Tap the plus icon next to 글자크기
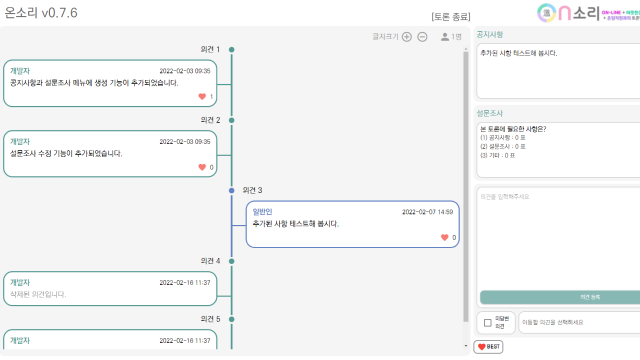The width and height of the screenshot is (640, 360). (406, 37)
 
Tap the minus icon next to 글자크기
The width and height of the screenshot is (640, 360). (422, 37)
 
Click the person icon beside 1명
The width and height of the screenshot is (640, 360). (444, 37)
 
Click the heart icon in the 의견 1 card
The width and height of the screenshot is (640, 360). (202, 96)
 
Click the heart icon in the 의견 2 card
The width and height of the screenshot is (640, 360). (202, 167)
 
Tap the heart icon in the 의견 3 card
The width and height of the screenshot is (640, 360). (445, 237)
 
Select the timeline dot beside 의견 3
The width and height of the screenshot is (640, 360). (231, 190)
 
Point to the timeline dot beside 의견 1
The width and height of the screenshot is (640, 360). (231, 49)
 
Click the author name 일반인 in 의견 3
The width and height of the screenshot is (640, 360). (263, 212)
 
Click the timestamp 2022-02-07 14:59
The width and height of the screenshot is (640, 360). (428, 212)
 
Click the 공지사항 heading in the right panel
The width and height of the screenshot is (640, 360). (490, 34)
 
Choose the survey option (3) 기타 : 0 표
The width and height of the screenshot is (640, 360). (498, 155)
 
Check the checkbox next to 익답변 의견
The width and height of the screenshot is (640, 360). (486, 322)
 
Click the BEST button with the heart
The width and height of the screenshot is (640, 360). (488, 346)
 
